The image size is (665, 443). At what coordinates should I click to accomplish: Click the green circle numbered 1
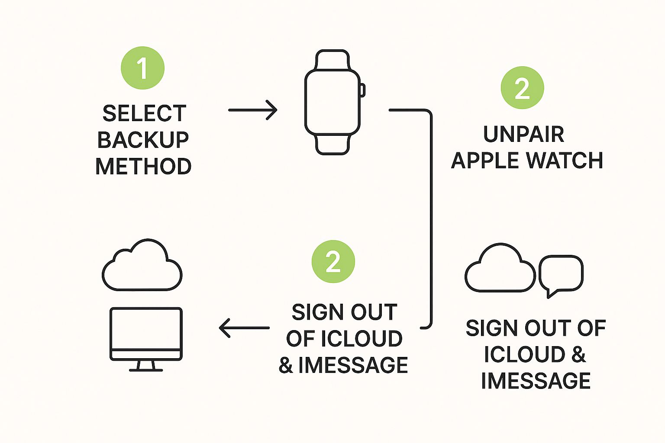(142, 68)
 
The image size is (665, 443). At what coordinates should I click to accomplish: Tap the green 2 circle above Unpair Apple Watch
(522, 88)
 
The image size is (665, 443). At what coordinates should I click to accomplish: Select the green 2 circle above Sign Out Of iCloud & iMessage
(333, 262)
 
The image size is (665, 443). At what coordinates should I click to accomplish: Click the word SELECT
(144, 114)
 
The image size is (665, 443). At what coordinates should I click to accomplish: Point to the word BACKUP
(143, 140)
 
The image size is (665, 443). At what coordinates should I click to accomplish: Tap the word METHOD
(143, 167)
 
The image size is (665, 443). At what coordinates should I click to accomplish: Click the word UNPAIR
(523, 134)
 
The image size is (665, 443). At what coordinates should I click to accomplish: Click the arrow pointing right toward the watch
(252, 110)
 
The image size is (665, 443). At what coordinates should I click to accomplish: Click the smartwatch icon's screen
(332, 102)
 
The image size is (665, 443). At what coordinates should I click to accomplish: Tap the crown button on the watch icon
(363, 90)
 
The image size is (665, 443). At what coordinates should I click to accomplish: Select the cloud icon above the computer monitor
(142, 266)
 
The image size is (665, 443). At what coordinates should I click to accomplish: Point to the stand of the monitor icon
(146, 366)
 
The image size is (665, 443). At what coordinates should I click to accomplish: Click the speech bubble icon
(561, 274)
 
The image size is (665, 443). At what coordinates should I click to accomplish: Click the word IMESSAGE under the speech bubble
(536, 381)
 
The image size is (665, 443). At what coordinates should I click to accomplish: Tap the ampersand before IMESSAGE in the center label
(286, 366)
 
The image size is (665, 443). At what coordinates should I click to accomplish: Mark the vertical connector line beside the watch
(431, 216)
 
